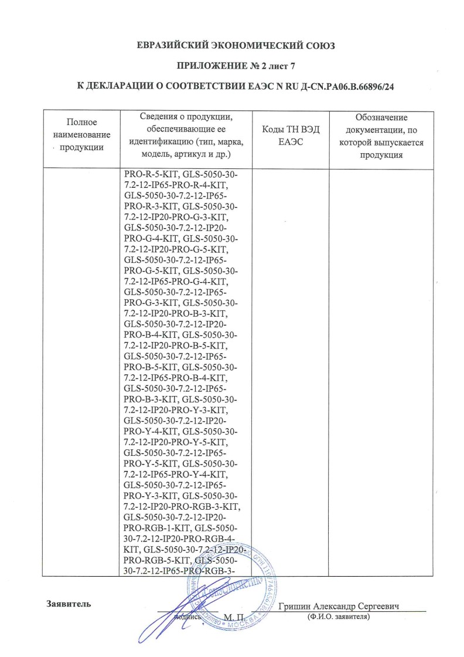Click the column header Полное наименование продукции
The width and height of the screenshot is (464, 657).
click(81, 134)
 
